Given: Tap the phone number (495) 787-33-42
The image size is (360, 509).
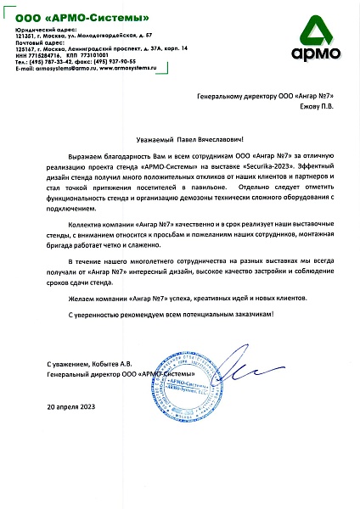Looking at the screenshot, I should [48, 61].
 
